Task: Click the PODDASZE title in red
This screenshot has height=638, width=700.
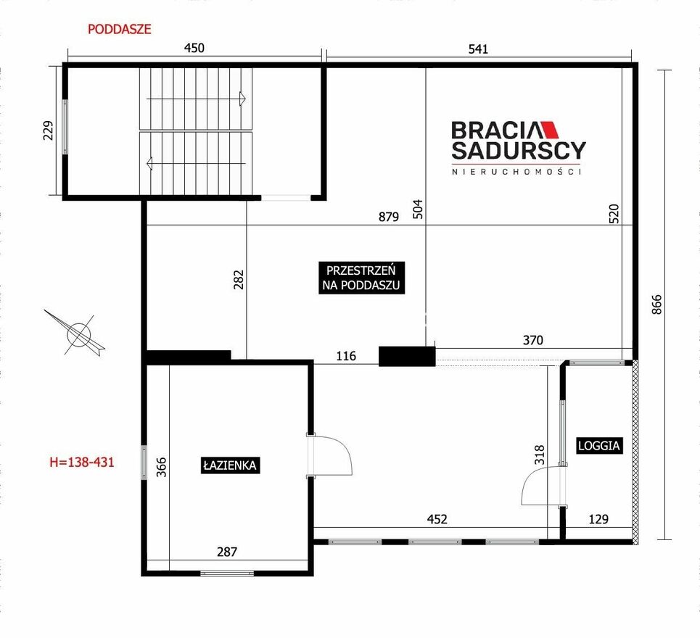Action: [119, 30]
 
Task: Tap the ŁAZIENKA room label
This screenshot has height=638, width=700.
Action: [230, 465]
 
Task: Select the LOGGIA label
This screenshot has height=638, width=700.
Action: [598, 446]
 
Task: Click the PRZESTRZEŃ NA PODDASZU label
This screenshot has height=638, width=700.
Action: [362, 278]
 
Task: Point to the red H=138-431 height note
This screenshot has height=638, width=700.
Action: [82, 462]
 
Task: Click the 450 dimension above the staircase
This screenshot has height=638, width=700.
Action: [194, 48]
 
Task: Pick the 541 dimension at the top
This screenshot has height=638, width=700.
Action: [478, 49]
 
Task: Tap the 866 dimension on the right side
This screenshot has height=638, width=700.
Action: [656, 304]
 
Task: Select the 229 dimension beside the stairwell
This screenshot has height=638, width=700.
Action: [48, 130]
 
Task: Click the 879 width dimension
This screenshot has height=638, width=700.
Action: [388, 217]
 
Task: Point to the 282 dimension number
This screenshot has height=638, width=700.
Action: [239, 280]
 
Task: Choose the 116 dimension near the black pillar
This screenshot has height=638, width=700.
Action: [346, 356]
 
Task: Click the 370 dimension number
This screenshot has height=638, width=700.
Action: [532, 341]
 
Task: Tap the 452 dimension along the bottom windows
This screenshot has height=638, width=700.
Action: [437, 519]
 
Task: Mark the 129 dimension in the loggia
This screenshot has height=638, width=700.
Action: [598, 519]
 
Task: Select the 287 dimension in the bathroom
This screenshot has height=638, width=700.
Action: [227, 552]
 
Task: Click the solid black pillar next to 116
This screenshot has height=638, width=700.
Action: [407, 357]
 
